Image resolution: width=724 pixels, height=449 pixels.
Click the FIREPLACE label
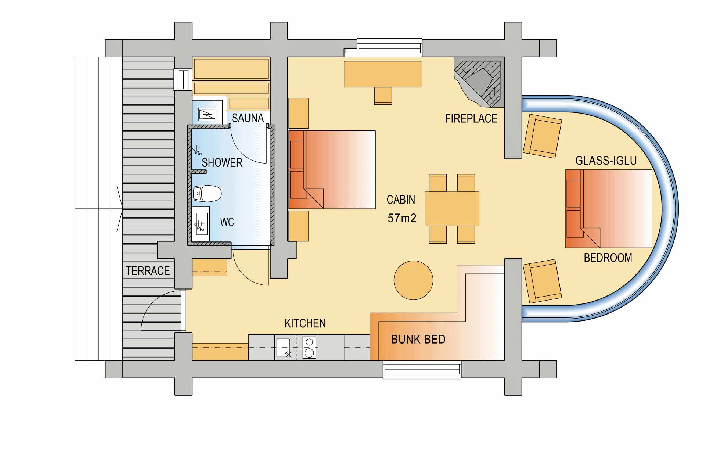471,118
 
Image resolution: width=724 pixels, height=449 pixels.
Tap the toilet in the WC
207,193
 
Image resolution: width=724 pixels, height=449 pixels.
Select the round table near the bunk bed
413,280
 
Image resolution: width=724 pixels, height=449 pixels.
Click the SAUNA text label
248,118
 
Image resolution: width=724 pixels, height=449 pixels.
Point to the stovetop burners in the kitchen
309,347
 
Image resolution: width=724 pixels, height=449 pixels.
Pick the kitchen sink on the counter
284,348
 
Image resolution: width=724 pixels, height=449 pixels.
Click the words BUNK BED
418,339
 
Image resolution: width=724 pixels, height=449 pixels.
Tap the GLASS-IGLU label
606,161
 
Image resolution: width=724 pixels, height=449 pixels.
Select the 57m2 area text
402,218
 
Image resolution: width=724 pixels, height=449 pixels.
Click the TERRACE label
148,271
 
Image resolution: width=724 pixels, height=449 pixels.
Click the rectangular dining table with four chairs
452,208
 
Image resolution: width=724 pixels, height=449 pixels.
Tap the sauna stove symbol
208,114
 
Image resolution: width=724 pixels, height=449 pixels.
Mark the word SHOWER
222,162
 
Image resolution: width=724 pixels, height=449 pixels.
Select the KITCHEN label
305,323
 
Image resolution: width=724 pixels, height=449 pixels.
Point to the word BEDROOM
608,258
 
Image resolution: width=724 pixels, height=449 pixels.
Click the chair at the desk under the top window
383,96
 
